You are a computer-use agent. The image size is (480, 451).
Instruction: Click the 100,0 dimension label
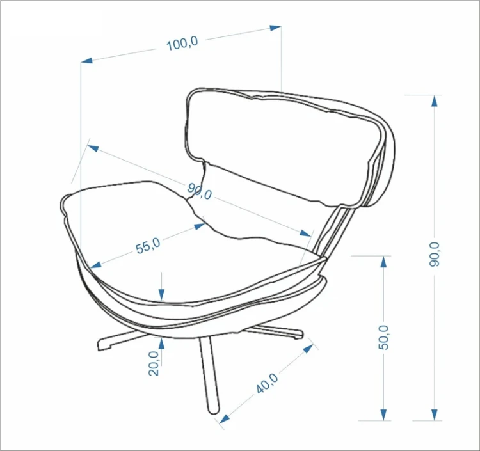point(182,43)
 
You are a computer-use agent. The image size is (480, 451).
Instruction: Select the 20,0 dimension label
point(154,363)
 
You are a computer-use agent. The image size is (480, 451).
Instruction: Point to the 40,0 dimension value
point(268,383)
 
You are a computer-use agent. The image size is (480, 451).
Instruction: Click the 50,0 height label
point(383,338)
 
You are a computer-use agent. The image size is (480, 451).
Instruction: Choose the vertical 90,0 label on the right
point(434,254)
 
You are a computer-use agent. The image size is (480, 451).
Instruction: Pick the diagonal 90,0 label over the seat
point(199,191)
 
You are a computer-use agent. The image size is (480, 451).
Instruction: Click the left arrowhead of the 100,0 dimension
point(87,60)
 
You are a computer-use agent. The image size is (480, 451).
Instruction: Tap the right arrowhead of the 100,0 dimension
point(275,28)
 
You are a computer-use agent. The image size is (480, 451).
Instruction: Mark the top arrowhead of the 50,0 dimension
point(383,262)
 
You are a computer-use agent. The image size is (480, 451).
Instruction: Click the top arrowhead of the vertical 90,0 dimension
point(434,100)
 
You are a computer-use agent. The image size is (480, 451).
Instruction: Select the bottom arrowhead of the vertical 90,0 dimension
point(434,415)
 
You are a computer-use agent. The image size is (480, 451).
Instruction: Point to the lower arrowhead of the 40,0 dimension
point(225,419)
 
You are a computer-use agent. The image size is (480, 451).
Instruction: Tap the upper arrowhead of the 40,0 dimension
point(308,349)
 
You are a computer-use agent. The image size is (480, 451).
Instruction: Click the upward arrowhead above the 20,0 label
point(161,344)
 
